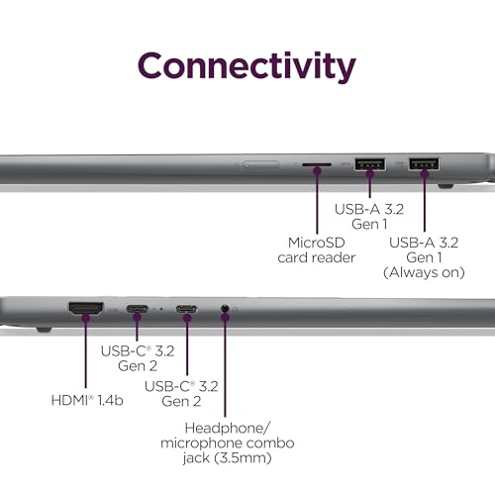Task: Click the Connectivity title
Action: coord(247,67)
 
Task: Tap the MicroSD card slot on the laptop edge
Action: coord(317,164)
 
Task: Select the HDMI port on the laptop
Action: coord(85,309)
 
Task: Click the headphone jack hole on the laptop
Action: coord(225,309)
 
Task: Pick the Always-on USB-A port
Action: coord(424,163)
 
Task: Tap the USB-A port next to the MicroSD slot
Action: coord(370,164)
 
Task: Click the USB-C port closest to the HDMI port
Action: coord(137,309)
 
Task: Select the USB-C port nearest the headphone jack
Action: coord(186,309)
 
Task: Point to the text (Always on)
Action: coord(424,272)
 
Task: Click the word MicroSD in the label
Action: coord(317,243)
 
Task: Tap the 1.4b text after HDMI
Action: coord(110,400)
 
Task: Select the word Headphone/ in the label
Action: coord(228,428)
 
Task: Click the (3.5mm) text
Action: coord(243,458)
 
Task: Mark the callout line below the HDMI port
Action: coord(86,353)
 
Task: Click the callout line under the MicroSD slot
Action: coord(317,204)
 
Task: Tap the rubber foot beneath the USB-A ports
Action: coord(445,186)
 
